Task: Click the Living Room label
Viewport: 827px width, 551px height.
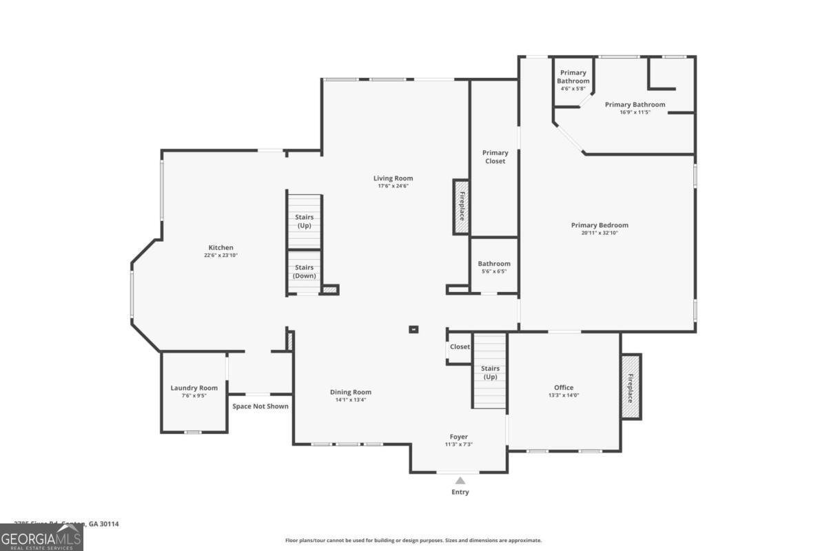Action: pos(393,178)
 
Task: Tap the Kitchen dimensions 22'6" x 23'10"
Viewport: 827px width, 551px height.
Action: pos(221,256)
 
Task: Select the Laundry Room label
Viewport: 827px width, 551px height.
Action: pos(194,388)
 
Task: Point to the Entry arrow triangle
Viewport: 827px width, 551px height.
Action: pos(460,480)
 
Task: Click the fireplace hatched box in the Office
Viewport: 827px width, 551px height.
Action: pos(630,386)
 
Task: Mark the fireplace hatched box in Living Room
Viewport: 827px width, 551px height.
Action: pos(461,207)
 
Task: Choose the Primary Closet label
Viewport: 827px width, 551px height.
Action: pos(495,157)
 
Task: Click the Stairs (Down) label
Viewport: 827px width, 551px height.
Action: pos(305,271)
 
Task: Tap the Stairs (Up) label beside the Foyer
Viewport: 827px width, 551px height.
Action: pos(490,373)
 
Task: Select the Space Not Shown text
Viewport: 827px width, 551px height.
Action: pos(261,406)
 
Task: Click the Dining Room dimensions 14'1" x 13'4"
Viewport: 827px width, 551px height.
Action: pos(353,399)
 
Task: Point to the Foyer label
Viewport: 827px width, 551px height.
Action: pos(459,437)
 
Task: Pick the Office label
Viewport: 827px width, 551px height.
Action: pos(564,388)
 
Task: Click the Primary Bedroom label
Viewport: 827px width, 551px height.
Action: pos(600,225)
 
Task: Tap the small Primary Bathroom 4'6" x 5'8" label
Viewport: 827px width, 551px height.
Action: pos(573,81)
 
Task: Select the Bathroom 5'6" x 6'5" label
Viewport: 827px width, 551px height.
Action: pos(494,267)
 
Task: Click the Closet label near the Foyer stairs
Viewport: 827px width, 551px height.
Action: pos(460,347)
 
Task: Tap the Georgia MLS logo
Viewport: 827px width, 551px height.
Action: pos(41,537)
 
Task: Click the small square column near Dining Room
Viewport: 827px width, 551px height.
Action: pos(413,330)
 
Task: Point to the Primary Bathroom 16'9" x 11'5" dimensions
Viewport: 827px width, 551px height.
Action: pos(635,112)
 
